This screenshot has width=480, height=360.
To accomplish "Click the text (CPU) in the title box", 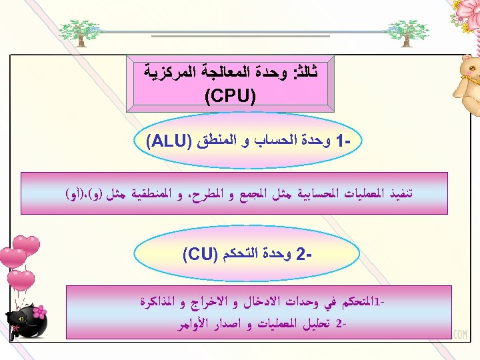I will tap(231, 97).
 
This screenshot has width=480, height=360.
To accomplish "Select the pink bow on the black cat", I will tap(39, 311).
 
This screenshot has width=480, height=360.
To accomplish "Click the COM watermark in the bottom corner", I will tap(459, 335).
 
